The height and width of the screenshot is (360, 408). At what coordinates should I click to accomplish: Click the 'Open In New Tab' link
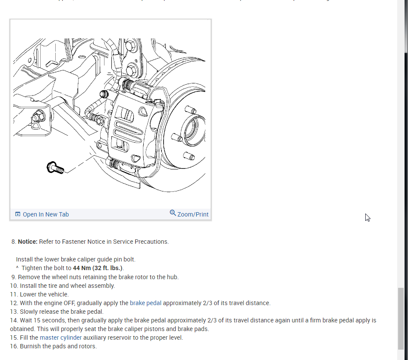coord(45,214)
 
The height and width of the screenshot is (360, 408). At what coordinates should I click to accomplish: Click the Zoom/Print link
coord(193,214)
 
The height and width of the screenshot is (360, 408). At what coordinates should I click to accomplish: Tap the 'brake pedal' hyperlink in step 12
coord(145,303)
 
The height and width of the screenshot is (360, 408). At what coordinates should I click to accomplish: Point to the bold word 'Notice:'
coord(28,242)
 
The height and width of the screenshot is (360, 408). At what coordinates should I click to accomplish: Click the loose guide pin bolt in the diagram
coord(55,167)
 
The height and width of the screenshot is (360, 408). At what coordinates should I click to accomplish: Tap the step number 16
coord(14,346)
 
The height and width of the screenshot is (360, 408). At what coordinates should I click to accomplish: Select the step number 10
coord(14,286)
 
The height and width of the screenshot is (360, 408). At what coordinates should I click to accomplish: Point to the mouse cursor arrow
coord(367,217)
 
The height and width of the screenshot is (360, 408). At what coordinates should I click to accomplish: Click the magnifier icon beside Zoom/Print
coord(173,213)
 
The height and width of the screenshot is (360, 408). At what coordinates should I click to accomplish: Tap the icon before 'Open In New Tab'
coord(18,214)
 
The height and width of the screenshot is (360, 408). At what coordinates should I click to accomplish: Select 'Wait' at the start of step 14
coord(27,320)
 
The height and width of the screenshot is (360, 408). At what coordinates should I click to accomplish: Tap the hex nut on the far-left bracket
coord(38,116)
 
